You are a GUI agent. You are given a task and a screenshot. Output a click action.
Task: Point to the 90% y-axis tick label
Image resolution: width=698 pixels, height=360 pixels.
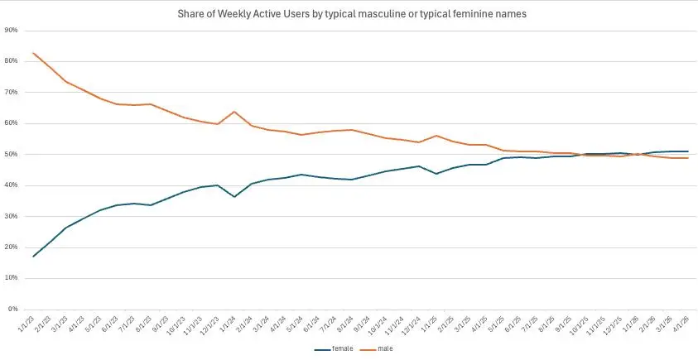click(12, 30)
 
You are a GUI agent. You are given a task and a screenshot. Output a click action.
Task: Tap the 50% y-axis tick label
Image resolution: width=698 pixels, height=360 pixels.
click(12, 154)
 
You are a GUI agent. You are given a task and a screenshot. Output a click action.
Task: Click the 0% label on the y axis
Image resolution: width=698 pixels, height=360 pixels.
click(14, 310)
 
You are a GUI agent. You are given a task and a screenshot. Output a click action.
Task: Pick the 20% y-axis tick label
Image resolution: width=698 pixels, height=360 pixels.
click(12, 247)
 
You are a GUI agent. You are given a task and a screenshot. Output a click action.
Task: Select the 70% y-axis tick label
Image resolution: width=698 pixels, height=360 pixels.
click(12, 92)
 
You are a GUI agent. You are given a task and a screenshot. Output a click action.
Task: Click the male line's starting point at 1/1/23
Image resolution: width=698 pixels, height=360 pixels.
click(33, 53)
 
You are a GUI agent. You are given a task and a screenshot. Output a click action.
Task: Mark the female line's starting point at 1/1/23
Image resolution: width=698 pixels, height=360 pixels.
click(33, 257)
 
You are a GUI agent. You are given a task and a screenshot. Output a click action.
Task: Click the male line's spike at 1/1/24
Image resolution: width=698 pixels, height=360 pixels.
click(234, 112)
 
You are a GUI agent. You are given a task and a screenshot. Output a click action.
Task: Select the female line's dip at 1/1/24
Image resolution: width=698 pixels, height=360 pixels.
click(234, 197)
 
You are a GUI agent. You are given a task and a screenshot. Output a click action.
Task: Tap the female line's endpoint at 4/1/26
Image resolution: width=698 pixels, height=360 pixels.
click(687, 151)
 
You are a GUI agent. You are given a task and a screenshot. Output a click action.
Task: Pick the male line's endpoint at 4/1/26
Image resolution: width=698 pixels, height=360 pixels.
click(687, 158)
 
